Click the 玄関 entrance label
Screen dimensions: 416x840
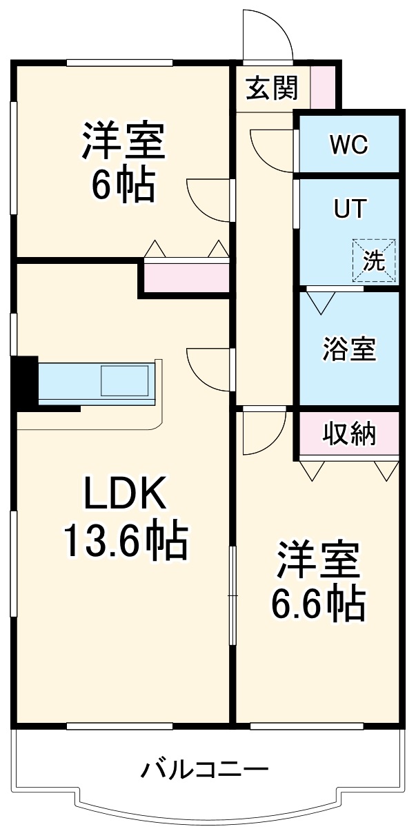point(272,88)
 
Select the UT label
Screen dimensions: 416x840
point(350,209)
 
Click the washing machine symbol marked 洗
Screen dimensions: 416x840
point(374,260)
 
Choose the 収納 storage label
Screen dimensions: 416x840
point(349,434)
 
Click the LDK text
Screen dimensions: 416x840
point(125,492)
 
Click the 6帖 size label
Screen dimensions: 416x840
point(123,185)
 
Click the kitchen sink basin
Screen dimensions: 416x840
point(124,380)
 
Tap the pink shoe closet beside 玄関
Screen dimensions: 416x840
point(323,86)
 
